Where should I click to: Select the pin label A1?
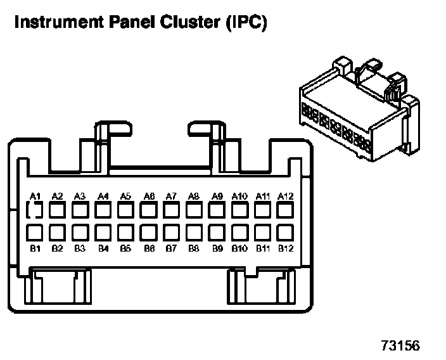pos(35,196)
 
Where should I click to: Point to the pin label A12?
pos(286,196)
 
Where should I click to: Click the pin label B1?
pos(35,248)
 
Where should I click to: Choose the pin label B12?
pos(286,248)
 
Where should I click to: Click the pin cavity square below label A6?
pos(150,210)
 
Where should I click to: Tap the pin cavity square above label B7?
pos(172,232)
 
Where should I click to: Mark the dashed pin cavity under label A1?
pos(35,210)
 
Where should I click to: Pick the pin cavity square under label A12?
pos(286,210)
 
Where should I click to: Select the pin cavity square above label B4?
pos(103,232)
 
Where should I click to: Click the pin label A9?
pos(217,196)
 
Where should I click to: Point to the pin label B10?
pos(239,248)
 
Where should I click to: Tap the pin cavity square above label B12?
pos(286,232)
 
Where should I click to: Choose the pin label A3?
pos(80,196)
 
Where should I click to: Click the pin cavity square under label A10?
pos(239,210)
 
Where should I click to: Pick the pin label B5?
pos(125,248)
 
